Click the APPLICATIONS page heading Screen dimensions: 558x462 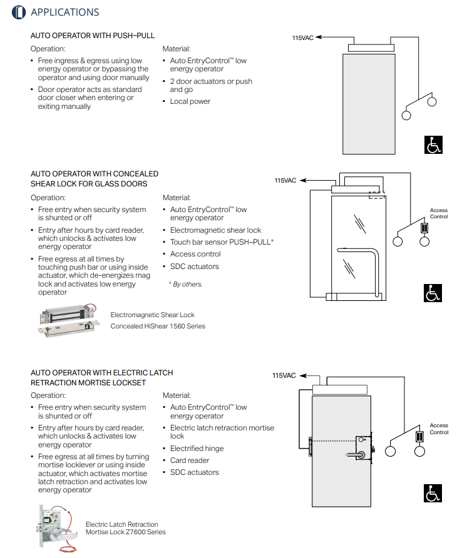point(64,12)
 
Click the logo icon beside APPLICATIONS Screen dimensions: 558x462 point(19,12)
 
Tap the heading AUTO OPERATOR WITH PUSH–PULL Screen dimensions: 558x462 point(93,36)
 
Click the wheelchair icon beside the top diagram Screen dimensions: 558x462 point(434,145)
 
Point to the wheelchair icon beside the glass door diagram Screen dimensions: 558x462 point(434,292)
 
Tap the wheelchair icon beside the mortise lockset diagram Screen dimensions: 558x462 point(434,494)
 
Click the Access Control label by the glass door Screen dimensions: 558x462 point(439,213)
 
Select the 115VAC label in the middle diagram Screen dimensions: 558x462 point(285,181)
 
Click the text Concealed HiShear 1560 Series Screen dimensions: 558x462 point(158,326)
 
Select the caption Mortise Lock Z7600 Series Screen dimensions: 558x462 point(126,532)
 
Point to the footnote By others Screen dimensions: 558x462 point(186,284)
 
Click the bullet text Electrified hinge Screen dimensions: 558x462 point(197,449)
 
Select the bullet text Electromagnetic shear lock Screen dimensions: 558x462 point(215,230)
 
